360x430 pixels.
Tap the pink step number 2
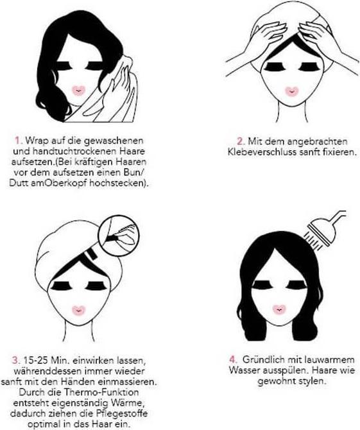coord(241,141)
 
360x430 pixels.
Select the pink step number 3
coord(16,360)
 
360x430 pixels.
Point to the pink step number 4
coord(233,359)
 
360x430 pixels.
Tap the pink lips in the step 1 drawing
coord(79,90)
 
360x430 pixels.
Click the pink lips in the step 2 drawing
coord(292,91)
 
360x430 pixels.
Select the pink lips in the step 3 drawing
coord(79,310)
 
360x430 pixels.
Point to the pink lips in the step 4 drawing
coord(280,309)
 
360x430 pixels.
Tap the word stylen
coord(313,381)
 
